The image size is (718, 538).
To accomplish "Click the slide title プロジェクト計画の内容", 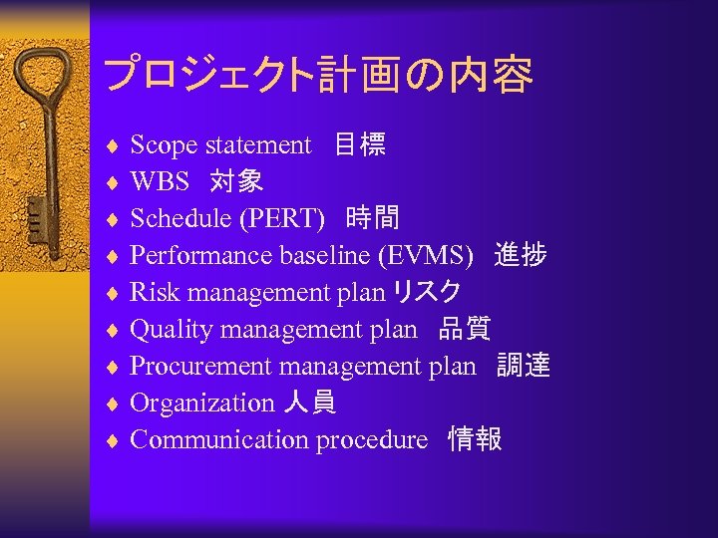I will coord(317,75).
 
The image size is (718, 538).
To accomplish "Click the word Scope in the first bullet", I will coord(164,145).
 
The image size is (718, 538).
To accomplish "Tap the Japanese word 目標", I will coord(360,145).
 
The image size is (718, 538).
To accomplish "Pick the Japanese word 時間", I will coord(373,219).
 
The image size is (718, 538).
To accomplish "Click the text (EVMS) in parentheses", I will coord(425,256).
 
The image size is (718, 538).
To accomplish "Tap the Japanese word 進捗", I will coord(520,256).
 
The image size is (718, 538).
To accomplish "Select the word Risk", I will coord(155,293).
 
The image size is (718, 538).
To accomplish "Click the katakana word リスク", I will coord(427,293).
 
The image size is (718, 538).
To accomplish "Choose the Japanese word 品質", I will coord(465,330).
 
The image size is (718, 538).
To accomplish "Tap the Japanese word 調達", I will coord(524,367).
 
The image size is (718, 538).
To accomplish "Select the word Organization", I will coord(201,403).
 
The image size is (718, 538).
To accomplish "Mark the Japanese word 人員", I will coord(309,403).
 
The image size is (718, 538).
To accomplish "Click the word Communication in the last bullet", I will coord(219,440).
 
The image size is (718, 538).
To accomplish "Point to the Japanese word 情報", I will coord(475,440).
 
